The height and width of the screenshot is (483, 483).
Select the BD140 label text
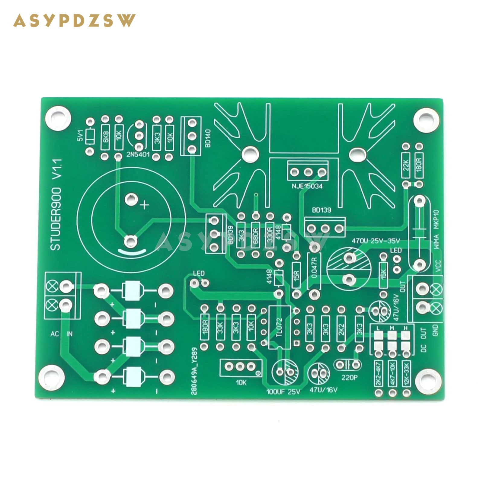[208, 138]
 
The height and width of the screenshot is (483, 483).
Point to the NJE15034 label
[307, 186]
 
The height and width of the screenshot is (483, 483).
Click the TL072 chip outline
[280, 327]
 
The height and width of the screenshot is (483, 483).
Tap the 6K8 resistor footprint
[105, 137]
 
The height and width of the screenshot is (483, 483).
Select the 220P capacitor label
[349, 378]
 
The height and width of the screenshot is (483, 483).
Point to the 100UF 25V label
[283, 392]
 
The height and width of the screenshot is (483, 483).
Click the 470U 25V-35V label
[376, 241]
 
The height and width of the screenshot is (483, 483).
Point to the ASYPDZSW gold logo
[74, 21]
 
